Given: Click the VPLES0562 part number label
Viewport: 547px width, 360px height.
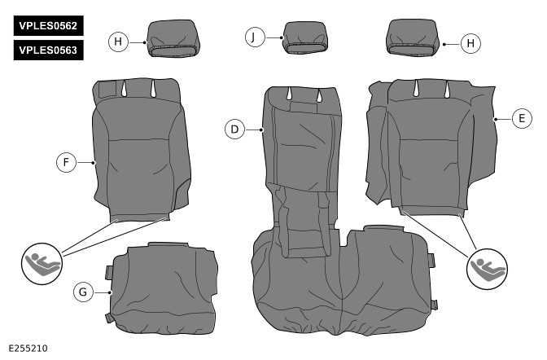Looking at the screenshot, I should tap(48, 25).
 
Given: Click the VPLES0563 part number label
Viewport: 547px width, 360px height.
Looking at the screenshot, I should tap(48, 50).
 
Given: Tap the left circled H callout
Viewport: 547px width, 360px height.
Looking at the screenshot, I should tap(119, 41).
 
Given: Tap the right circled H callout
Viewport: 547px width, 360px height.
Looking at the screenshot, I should tap(470, 43).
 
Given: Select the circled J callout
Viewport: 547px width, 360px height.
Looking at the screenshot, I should tap(256, 37).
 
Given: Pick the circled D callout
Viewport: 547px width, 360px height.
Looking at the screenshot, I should tap(234, 129).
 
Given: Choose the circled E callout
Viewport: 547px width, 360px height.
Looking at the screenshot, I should tap(521, 119).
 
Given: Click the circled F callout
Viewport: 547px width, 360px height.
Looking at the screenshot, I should tap(67, 162).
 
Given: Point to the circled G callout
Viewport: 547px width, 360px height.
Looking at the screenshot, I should tap(83, 291).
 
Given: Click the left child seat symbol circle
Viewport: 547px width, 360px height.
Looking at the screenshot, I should tap(41, 263).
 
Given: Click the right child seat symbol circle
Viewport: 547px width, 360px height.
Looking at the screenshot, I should tap(487, 268).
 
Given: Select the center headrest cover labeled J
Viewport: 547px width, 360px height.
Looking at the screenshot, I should tap(305, 38).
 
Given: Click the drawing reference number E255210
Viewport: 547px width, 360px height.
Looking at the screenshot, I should tap(28, 349).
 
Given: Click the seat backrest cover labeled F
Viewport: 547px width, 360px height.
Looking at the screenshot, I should tap(140, 151).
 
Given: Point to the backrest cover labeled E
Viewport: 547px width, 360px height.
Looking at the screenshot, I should tap(431, 147).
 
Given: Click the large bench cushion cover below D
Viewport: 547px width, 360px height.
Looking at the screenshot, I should tap(342, 285).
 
